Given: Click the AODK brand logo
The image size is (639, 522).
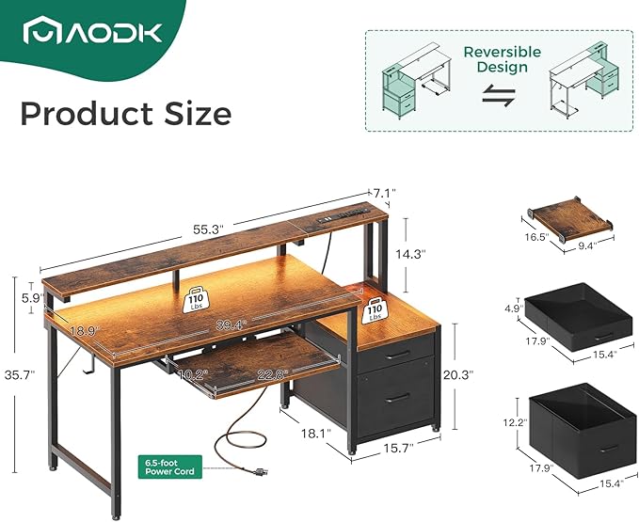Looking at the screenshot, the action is (x=92, y=30).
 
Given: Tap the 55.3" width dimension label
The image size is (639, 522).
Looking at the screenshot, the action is (x=208, y=229).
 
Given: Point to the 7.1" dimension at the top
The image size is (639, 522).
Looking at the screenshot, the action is (x=381, y=193).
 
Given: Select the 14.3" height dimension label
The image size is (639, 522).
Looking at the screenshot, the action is (x=410, y=254).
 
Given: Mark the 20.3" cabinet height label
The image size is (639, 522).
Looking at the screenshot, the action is (x=458, y=374).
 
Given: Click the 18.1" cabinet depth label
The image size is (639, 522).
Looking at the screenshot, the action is (x=316, y=434).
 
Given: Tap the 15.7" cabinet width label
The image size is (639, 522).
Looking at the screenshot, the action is (x=398, y=448).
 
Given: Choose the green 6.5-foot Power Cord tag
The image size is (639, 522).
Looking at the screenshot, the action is (x=170, y=467).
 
